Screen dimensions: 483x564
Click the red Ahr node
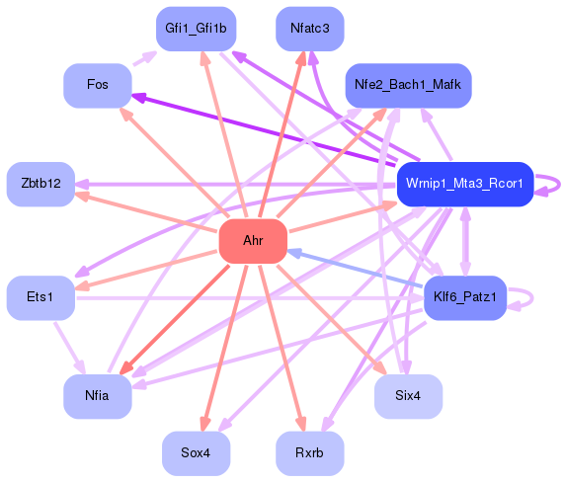(252, 242)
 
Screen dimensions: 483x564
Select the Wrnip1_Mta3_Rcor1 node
(464, 184)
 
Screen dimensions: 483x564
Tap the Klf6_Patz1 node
(464, 297)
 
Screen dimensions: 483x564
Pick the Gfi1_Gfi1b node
(196, 29)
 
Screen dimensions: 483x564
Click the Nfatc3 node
(310, 29)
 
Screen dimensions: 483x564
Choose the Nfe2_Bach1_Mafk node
(407, 85)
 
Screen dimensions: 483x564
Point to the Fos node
(98, 85)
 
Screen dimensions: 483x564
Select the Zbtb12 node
(40, 184)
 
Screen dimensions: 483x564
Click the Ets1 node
(40, 297)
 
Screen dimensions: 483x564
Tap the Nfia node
(98, 397)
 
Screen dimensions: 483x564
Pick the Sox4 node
(196, 452)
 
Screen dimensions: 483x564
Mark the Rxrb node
(310, 452)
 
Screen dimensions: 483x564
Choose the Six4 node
(407, 397)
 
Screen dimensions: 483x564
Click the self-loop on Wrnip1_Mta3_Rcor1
(555, 184)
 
